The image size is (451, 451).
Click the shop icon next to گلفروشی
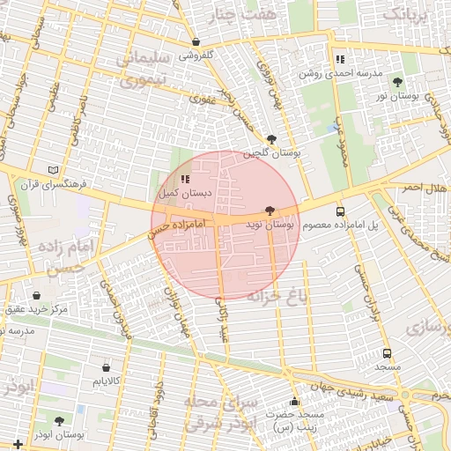[196, 42]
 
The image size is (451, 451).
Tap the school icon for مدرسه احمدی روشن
[340, 59]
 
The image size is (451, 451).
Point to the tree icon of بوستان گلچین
[272, 138]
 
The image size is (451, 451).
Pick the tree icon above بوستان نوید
[269, 211]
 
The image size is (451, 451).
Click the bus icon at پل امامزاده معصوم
[340, 211]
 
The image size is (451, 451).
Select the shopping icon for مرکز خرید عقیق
[36, 296]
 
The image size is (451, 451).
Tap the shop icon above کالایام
[106, 366]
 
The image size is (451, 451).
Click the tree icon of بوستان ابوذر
[59, 421]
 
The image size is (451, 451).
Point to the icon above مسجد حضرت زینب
[294, 401]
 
